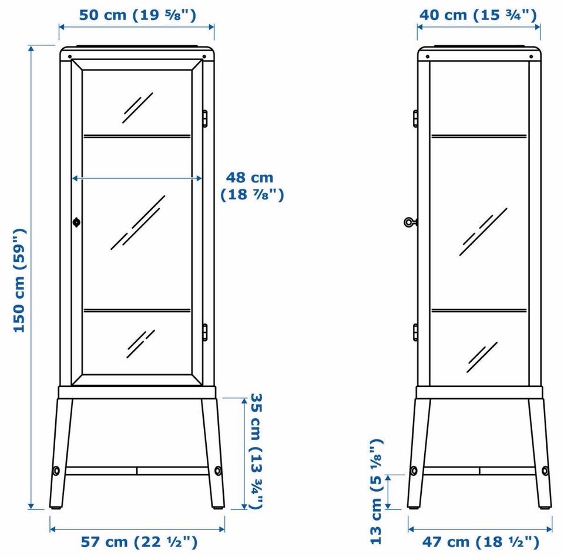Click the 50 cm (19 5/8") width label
coord(137,15)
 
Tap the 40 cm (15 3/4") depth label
coord(478,15)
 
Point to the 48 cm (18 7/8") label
coord(252,186)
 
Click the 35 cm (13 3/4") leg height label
coord(257,451)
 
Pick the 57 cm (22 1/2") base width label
coord(139,542)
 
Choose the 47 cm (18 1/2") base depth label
coord(481,542)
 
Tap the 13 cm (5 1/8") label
coord(376,491)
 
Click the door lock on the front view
coord(76,222)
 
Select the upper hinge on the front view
coord(204,118)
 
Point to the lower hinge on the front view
coord(204,332)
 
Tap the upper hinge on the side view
coord(415,118)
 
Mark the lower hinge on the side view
coord(415,332)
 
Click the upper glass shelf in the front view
coord(137,136)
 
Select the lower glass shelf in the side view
coord(479,310)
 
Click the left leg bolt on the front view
coord(56,471)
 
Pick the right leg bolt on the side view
coord(545,471)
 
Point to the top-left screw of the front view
coord(70,57)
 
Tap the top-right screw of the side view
coord(531,57)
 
